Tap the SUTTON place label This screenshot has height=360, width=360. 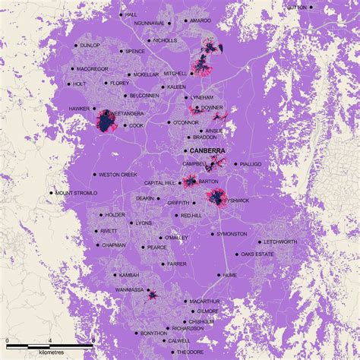click(x=297, y=7)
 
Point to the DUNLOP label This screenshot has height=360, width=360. click(x=90, y=46)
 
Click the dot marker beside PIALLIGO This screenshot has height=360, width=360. click(x=237, y=164)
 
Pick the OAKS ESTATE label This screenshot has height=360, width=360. click(x=258, y=254)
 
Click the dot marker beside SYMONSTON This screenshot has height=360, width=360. click(x=210, y=234)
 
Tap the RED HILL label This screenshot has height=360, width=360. click(x=191, y=216)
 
